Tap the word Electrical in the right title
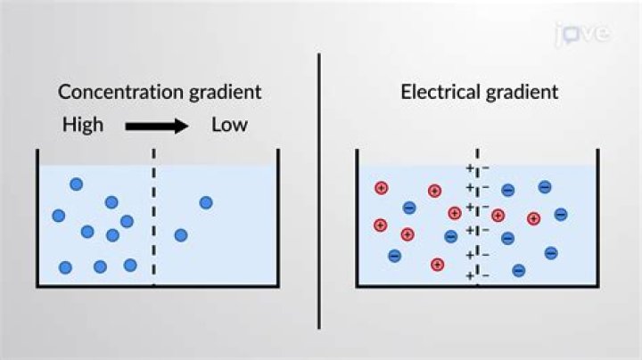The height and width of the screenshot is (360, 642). point(434,92)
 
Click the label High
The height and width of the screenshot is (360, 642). point(82,125)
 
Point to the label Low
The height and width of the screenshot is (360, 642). point(229,125)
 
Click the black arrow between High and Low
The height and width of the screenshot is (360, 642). point(157,126)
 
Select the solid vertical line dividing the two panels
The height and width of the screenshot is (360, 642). point(320,187)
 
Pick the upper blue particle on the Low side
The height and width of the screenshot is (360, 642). point(206,202)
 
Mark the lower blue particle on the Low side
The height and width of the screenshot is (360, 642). point(181,235)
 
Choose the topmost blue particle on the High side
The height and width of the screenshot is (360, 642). point(77,184)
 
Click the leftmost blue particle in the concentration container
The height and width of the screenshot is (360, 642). point(59,216)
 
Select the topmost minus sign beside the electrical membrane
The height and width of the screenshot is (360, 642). point(486,168)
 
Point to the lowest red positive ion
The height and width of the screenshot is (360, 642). point(437,264)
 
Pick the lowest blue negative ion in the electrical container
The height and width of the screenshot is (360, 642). point(518,270)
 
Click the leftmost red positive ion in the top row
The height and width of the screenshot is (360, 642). point(381,188)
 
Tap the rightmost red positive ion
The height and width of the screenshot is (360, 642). point(533,218)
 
